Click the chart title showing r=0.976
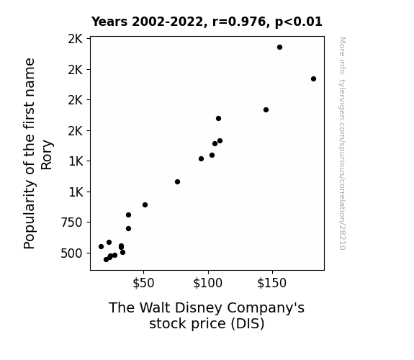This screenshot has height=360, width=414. [x=207, y=22]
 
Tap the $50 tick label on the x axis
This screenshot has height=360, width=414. [x=143, y=283]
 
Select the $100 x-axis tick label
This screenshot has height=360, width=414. [x=208, y=283]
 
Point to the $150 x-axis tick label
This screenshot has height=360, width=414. [x=272, y=283]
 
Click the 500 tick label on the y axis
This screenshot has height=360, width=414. [x=71, y=253]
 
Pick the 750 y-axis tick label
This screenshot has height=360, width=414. [x=71, y=222]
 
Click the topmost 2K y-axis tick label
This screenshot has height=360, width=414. [x=76, y=39]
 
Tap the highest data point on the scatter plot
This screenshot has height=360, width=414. [x=279, y=48]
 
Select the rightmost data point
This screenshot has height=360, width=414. [x=313, y=79]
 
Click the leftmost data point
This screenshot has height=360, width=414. [x=101, y=247]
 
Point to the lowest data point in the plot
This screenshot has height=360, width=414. [x=106, y=260]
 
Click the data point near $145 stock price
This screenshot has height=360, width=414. [x=266, y=110]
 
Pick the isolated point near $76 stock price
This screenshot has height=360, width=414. [x=177, y=182]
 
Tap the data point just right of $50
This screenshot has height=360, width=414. [x=145, y=205]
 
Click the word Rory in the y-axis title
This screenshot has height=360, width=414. [x=47, y=155]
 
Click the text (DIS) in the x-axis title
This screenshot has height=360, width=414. [x=248, y=324]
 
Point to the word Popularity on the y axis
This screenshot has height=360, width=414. [x=30, y=215]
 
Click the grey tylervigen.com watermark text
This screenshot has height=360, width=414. [x=342, y=143]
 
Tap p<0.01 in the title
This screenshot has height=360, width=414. [x=299, y=22]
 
